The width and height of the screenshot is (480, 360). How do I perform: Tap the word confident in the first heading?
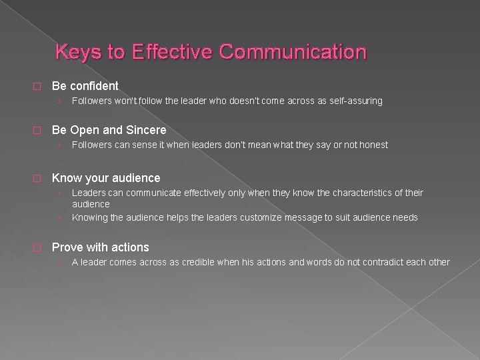pos(93,86)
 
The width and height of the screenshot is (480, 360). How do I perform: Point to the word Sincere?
pos(145,130)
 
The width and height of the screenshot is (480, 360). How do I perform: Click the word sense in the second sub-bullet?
pos(149,145)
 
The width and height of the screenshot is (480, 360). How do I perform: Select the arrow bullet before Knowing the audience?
pos(60,217)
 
